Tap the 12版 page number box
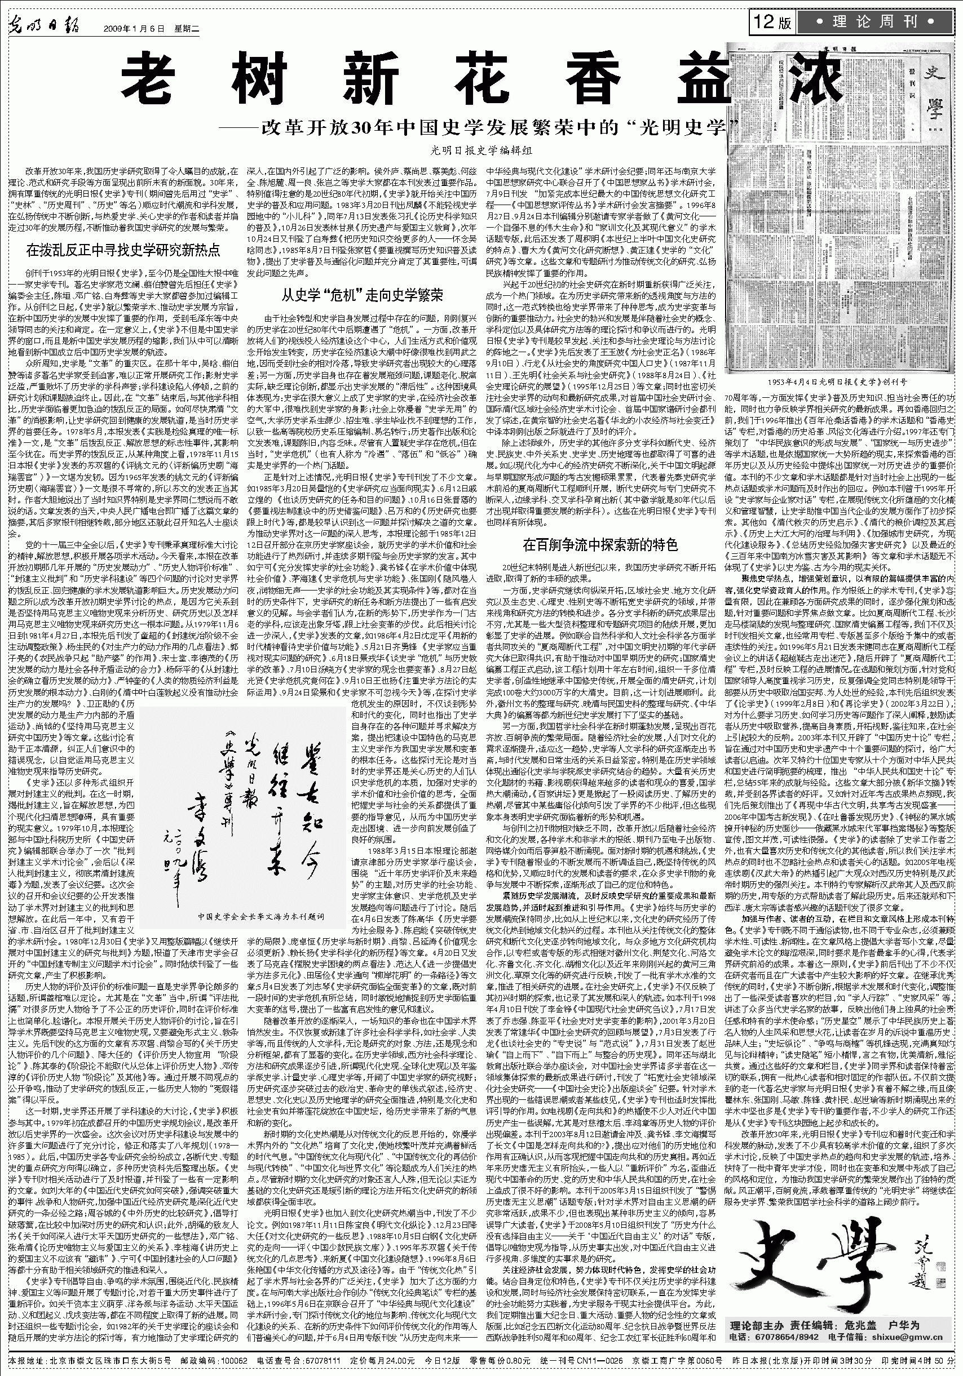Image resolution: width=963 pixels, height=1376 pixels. click(773, 23)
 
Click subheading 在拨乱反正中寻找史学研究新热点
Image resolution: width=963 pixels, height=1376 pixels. click(123, 250)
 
